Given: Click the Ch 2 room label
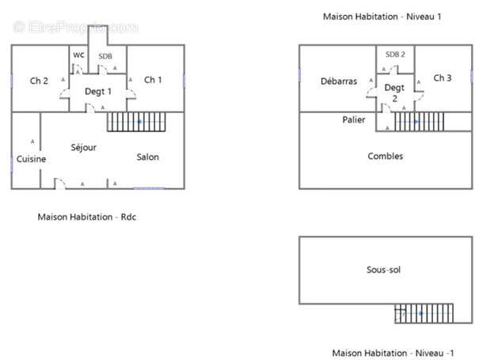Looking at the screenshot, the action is pyautogui.click(x=39, y=81).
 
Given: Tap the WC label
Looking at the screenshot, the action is pyautogui.click(x=78, y=55).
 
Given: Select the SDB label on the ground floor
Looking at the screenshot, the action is pyautogui.click(x=105, y=56).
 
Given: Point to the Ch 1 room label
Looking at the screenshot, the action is pyautogui.click(x=153, y=80).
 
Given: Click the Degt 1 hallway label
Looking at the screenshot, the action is pyautogui.click(x=98, y=91).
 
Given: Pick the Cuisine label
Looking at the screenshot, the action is pyautogui.click(x=31, y=159).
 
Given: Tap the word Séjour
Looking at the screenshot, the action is pyautogui.click(x=84, y=147).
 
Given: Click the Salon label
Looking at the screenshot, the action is pyautogui.click(x=147, y=157).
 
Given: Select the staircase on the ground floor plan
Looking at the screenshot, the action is pyautogui.click(x=136, y=122).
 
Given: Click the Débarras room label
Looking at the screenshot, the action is pyautogui.click(x=339, y=81).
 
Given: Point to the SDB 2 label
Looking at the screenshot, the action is pyautogui.click(x=395, y=55).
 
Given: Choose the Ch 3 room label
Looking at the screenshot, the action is pyautogui.click(x=443, y=78).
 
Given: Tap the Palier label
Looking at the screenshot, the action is pyautogui.click(x=354, y=119).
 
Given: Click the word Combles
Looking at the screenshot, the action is pyautogui.click(x=386, y=156).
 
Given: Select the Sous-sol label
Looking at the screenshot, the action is pyautogui.click(x=383, y=270).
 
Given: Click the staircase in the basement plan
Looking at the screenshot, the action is pyautogui.click(x=424, y=313).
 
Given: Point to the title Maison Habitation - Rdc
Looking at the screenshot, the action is pyautogui.click(x=87, y=217).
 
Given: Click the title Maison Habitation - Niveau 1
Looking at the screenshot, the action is pyautogui.click(x=382, y=17).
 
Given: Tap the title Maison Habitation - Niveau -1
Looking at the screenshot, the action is pyautogui.click(x=393, y=353).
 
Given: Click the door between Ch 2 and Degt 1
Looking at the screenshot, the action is pyautogui.click(x=64, y=93).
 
